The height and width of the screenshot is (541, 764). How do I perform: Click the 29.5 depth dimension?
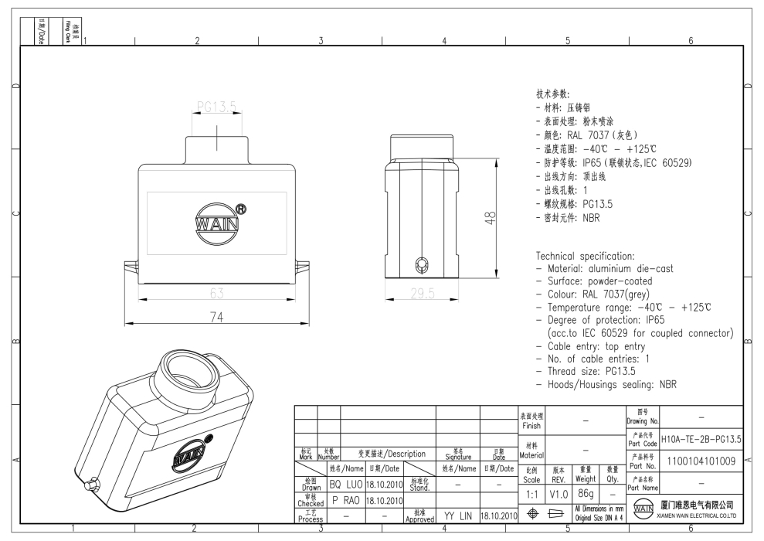421,294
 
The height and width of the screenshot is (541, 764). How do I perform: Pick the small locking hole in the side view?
421,264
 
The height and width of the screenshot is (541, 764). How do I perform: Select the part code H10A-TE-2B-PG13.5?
701,439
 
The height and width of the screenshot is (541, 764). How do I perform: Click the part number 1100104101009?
701,461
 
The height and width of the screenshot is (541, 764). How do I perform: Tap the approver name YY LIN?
459,515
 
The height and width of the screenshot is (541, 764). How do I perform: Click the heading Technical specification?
585,256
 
